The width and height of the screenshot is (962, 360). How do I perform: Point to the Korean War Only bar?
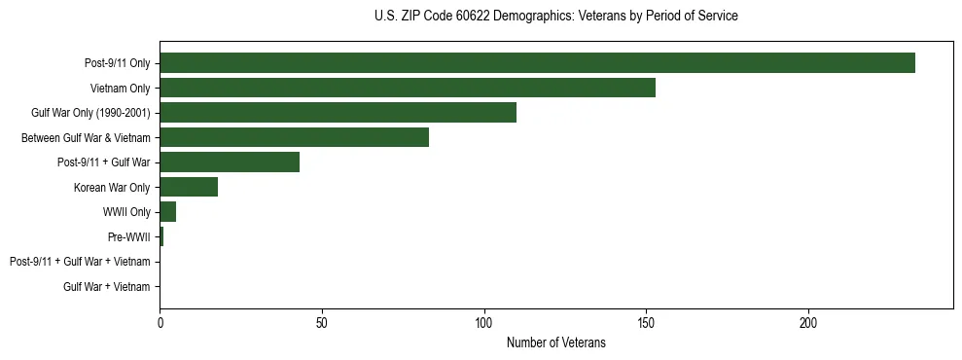tap(189, 187)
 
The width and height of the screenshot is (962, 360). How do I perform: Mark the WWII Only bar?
tap(168, 212)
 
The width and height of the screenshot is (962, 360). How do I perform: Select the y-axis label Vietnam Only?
tap(122, 89)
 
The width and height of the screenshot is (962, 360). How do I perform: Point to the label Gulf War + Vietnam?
tap(107, 287)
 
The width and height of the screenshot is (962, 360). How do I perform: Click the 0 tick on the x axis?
tap(160, 323)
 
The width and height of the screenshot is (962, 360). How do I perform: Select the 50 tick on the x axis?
tap(322, 323)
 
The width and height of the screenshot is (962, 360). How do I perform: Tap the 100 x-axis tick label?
tap(484, 323)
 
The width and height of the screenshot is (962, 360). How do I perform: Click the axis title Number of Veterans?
tap(556, 342)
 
